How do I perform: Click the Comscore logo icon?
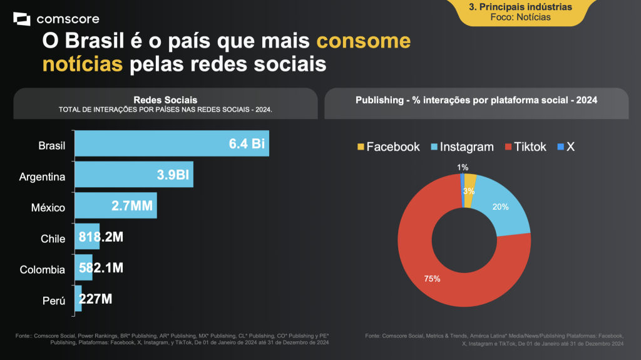point(22,19)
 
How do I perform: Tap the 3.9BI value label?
point(173,175)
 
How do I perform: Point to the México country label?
point(49,207)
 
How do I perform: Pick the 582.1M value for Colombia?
point(101,268)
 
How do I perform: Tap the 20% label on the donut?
point(500,207)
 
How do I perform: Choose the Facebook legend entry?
point(388,147)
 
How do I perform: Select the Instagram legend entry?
point(461,147)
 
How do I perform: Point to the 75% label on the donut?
point(432,279)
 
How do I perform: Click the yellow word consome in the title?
point(364,42)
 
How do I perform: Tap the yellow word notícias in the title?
point(82,64)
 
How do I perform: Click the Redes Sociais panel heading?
point(165,100)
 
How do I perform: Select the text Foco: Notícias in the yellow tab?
point(521,17)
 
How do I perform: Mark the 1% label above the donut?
point(463,167)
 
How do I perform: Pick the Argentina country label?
point(42,177)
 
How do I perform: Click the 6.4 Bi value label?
point(247,144)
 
